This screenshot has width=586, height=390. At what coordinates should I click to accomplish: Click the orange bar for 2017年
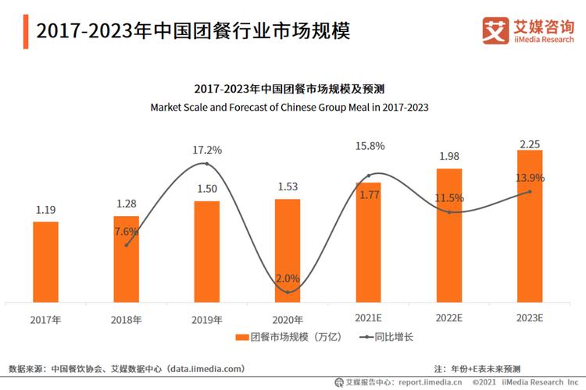tap(45, 262)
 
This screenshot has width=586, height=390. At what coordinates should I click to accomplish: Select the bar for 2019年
tap(207, 251)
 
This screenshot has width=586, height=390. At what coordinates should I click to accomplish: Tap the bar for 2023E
tap(530, 226)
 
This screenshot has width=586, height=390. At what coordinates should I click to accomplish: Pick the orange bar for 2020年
tap(288, 250)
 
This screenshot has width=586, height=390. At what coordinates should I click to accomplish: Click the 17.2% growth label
tap(206, 149)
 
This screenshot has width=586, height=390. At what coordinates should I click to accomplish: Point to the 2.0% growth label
tap(288, 278)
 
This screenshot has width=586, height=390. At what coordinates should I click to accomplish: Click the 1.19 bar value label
tap(45, 210)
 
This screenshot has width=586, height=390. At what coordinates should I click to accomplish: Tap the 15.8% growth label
tap(368, 146)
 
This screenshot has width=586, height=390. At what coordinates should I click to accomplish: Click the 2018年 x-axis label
tap(126, 320)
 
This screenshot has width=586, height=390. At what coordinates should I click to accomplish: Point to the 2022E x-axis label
tap(448, 318)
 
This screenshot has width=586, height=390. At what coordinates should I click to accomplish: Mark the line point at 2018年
tap(127, 244)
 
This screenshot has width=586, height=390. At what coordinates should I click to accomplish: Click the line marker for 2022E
tap(449, 212)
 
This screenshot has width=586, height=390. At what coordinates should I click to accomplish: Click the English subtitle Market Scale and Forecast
tap(289, 106)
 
